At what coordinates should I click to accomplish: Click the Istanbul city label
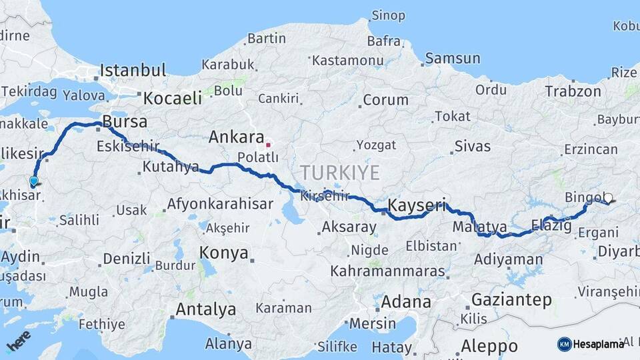[x=133, y=70]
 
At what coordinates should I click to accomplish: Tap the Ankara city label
[x=236, y=137]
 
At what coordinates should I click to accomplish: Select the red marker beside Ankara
[x=268, y=143]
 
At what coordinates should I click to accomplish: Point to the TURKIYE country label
[x=339, y=173]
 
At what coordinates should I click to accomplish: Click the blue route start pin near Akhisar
[x=33, y=181]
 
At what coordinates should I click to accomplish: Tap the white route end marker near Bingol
[x=608, y=197]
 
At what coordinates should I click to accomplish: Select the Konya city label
[x=224, y=253]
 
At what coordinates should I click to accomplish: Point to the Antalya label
[x=205, y=309]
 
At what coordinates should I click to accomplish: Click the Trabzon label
[x=573, y=91]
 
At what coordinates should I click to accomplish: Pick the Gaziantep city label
[x=511, y=299]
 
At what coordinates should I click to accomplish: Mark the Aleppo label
[x=489, y=346]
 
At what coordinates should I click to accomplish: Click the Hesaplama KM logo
[x=591, y=344]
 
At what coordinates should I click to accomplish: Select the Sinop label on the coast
[x=388, y=15]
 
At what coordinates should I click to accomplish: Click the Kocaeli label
[x=172, y=98]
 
